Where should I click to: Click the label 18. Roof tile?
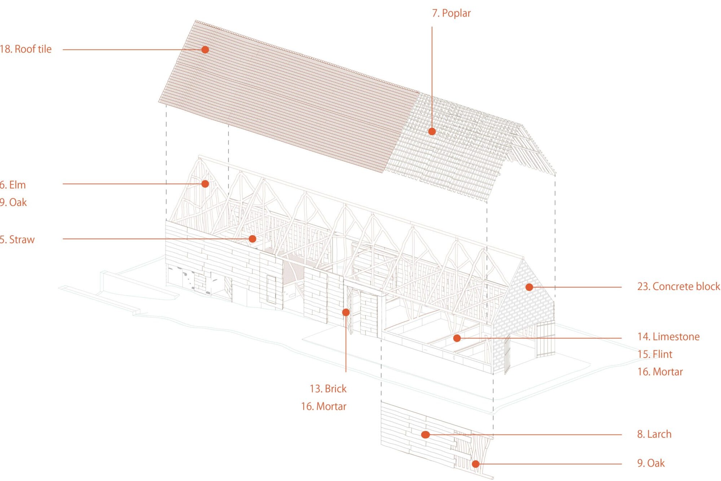pyautogui.click(x=26, y=49)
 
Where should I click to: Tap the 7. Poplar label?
pyautogui.click(x=451, y=13)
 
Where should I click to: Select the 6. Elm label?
pyautogui.click(x=13, y=185)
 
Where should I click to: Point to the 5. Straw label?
pyautogui.click(x=17, y=240)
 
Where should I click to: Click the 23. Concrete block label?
pyautogui.click(x=678, y=287)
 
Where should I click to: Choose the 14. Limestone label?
pyautogui.click(x=668, y=337)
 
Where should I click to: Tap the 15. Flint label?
pyautogui.click(x=655, y=354)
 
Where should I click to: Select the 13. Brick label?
pyautogui.click(x=328, y=389)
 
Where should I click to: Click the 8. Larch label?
pyautogui.click(x=654, y=434)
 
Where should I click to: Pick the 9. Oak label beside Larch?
pyautogui.click(x=651, y=463)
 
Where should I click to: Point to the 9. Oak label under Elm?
pyautogui.click(x=13, y=202)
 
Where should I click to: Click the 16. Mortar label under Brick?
pyautogui.click(x=324, y=406)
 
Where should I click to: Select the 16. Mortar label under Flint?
pyautogui.click(x=660, y=372)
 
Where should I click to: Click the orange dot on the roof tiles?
pyautogui.click(x=205, y=49)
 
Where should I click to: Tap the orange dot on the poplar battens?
pyautogui.click(x=432, y=131)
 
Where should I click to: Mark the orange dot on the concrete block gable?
pyautogui.click(x=529, y=287)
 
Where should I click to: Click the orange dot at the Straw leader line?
pyautogui.click(x=252, y=239)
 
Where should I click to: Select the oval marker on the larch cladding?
pyautogui.click(x=426, y=435)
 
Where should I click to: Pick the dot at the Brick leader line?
pyautogui.click(x=346, y=312)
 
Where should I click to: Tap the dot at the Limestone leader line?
pyautogui.click(x=457, y=338)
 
